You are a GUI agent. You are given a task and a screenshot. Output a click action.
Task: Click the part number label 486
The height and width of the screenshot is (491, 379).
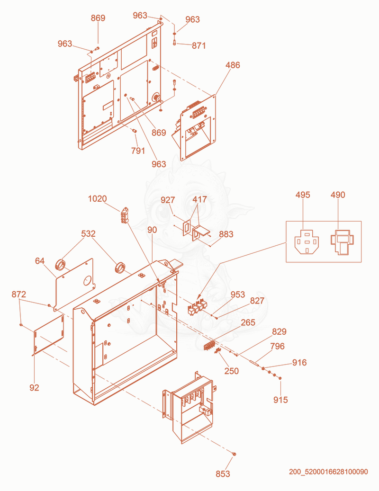click(233, 65)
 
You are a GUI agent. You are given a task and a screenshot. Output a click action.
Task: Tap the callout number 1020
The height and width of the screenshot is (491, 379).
click(98, 198)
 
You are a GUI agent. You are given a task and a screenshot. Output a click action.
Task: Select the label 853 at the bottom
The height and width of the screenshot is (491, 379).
click(223, 474)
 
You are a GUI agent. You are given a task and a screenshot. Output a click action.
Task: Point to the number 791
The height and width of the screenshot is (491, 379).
click(138, 151)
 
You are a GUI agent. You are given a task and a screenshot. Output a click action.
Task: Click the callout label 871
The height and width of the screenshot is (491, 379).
click(199, 46)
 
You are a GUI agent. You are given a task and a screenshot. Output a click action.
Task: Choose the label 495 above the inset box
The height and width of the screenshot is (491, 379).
click(303, 195)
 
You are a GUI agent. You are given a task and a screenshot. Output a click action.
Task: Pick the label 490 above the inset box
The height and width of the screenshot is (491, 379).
click(338, 195)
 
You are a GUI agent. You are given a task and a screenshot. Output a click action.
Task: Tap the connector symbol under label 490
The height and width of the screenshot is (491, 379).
click(342, 242)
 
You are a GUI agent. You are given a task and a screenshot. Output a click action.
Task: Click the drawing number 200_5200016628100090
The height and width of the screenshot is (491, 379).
click(328, 472)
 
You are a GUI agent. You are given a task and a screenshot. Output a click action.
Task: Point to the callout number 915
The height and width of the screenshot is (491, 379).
click(280, 400)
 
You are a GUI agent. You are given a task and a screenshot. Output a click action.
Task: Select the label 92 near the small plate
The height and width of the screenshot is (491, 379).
click(35, 388)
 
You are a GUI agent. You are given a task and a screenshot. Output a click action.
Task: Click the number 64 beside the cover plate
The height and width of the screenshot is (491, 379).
click(40, 261)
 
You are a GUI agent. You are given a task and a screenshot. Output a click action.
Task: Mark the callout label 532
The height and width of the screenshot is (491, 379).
click(88, 233)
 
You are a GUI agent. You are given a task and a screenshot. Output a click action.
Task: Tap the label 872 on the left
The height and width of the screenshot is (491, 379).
click(19, 295)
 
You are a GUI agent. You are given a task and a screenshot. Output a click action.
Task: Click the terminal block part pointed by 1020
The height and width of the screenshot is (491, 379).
click(125, 215)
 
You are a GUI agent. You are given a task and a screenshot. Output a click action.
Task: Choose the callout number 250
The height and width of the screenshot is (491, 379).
click(232, 371)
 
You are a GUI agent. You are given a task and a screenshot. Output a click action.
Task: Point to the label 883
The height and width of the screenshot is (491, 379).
click(226, 234)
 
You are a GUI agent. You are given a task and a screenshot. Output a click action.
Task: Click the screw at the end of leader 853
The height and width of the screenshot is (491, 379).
click(235, 454)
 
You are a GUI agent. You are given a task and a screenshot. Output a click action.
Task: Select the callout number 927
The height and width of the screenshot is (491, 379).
click(168, 200)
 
